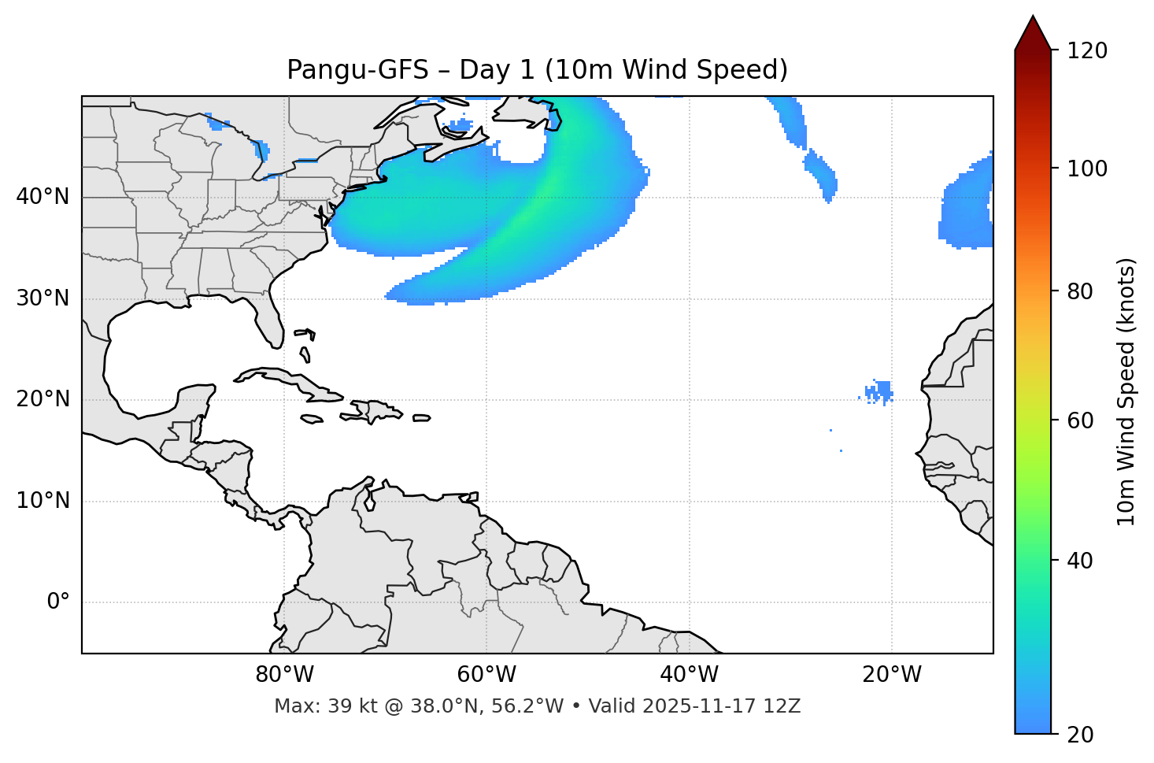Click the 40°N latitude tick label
(43, 197)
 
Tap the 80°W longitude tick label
(284, 675)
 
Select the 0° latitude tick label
(57, 602)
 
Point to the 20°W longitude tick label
(891, 675)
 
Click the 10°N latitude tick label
(43, 501)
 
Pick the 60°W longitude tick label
(486, 675)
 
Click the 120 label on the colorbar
(1088, 50)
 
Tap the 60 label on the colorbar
(1078, 420)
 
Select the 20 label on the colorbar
(1078, 735)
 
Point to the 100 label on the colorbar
(1088, 169)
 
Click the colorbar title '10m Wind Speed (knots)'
(1126, 392)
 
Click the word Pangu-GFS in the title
(357, 70)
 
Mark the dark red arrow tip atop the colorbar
(1033, 31)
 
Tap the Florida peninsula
(269, 319)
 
